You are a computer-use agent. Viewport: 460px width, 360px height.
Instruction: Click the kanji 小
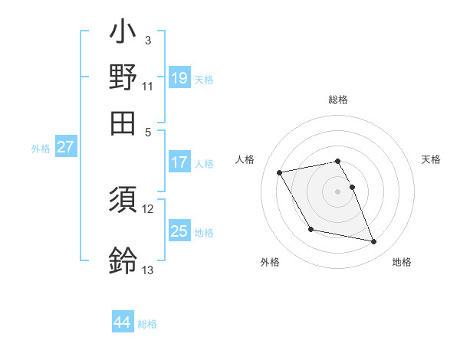(x=123, y=34)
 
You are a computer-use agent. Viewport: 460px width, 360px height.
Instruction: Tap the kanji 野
(x=123, y=77)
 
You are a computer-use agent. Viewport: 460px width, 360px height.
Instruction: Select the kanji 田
(x=123, y=123)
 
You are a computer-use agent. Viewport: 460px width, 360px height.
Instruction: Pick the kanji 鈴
(x=123, y=260)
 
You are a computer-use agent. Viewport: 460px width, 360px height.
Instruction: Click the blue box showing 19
(x=179, y=77)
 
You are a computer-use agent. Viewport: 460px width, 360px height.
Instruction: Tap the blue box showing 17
(x=179, y=162)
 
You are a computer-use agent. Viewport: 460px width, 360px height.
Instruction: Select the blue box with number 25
(x=179, y=231)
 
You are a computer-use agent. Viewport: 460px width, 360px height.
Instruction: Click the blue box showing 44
(x=122, y=322)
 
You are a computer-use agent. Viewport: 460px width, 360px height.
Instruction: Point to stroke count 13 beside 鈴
(x=147, y=270)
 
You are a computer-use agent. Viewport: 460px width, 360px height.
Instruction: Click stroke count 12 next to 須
(x=148, y=208)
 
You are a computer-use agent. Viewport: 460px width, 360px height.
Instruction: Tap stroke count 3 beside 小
(x=147, y=40)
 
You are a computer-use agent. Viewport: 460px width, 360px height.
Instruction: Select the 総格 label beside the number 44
(x=147, y=324)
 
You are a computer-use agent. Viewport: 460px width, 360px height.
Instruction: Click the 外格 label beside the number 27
(x=41, y=149)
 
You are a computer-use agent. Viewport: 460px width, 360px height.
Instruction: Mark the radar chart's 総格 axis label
(x=338, y=100)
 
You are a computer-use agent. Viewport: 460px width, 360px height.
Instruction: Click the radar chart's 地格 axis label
(x=402, y=262)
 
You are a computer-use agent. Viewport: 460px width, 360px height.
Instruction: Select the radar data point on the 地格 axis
(x=374, y=242)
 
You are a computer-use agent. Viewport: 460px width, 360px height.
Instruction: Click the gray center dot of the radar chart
(x=338, y=191)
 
